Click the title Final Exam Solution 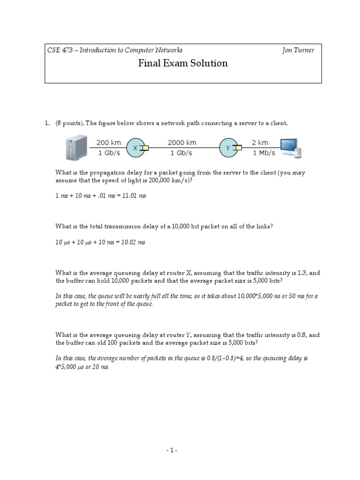(x=183, y=63)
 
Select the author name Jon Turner (x=298, y=50)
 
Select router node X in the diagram (x=135, y=148)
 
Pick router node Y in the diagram (x=228, y=148)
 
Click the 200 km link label (x=109, y=142)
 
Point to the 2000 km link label (x=182, y=142)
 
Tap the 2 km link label (x=260, y=142)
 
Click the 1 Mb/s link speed (x=263, y=153)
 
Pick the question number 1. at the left (x=47, y=123)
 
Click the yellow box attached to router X (x=146, y=148)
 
